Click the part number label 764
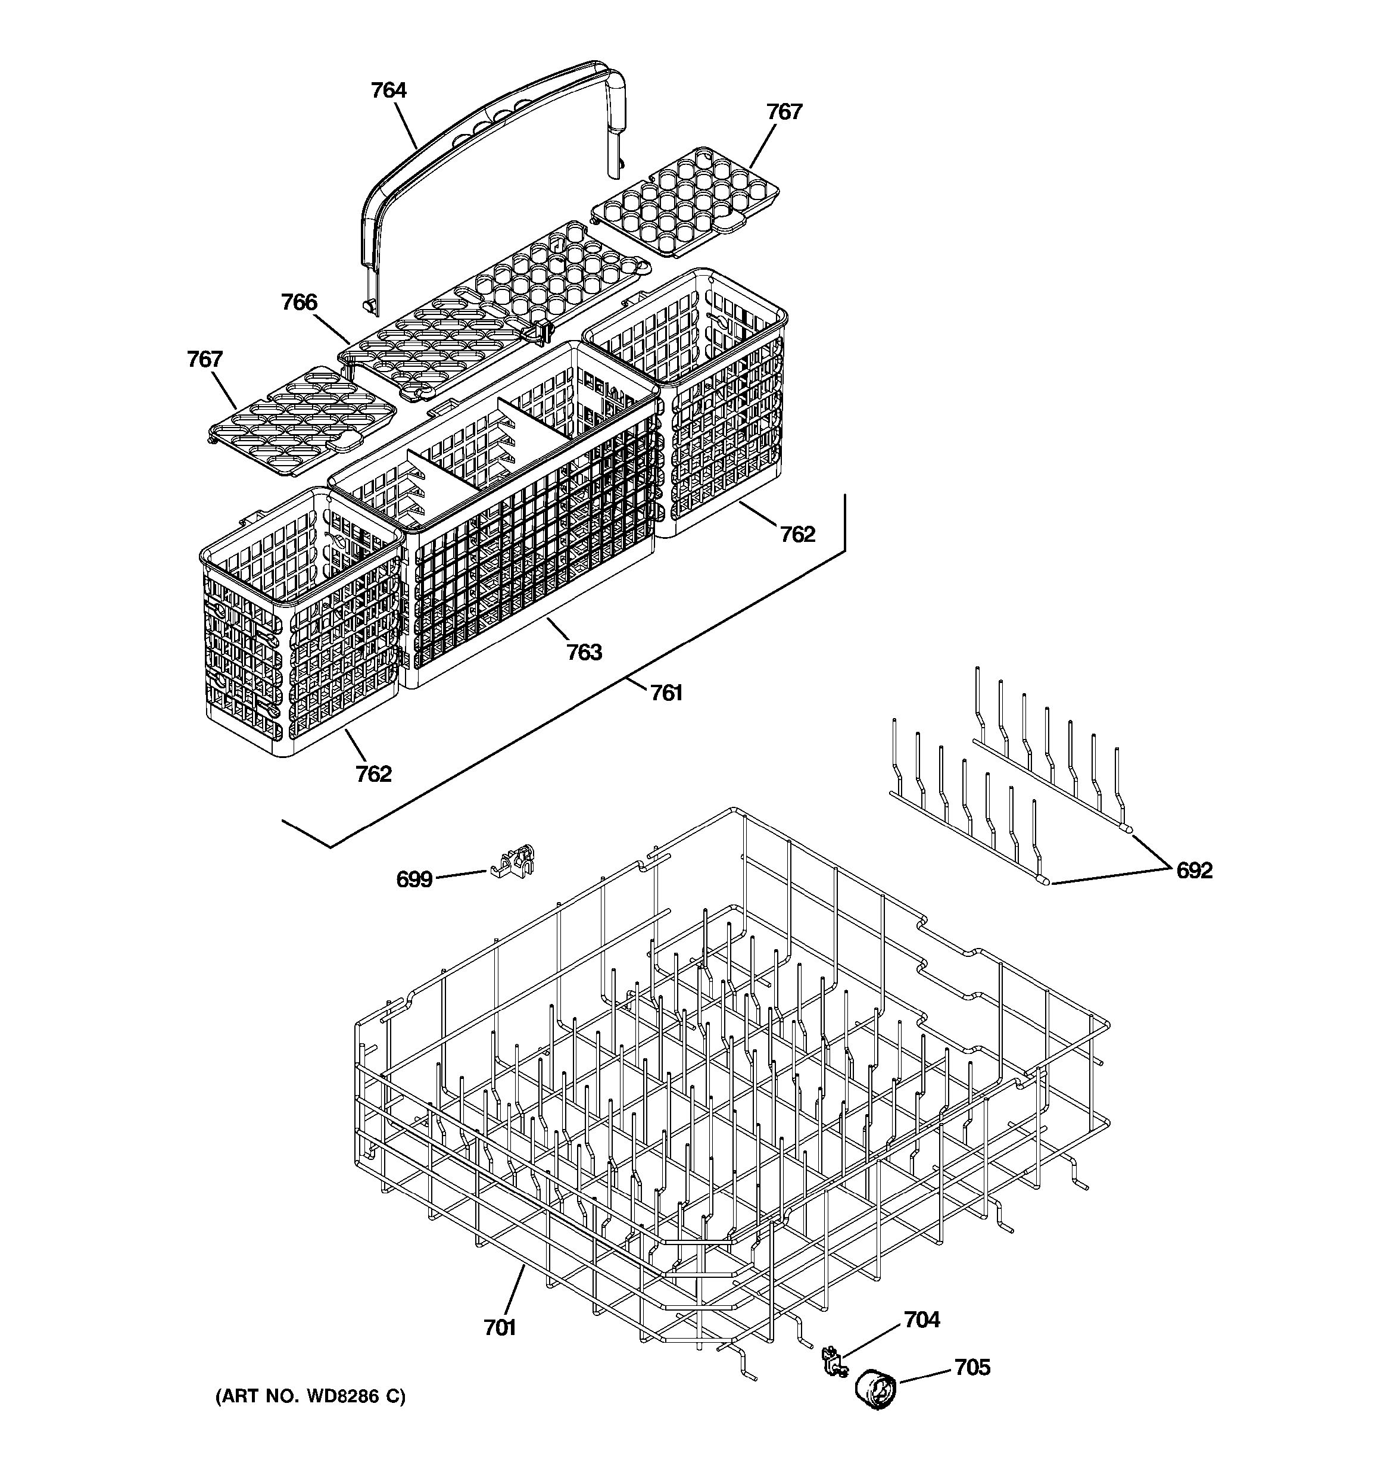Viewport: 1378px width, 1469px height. (389, 90)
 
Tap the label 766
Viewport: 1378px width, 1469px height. (300, 302)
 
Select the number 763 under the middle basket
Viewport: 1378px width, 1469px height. (584, 652)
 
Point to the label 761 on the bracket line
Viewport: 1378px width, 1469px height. (666, 693)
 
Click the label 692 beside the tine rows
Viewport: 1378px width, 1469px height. (1194, 871)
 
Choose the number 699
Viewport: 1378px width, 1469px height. (414, 879)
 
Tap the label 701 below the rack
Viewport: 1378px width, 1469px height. (500, 1328)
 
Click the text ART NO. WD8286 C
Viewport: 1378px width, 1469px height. (310, 1396)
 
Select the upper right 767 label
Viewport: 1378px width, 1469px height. (784, 111)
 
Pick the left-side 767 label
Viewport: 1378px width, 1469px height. (205, 359)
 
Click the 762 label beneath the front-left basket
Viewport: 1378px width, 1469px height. (373, 774)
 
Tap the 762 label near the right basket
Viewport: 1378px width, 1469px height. (798, 534)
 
